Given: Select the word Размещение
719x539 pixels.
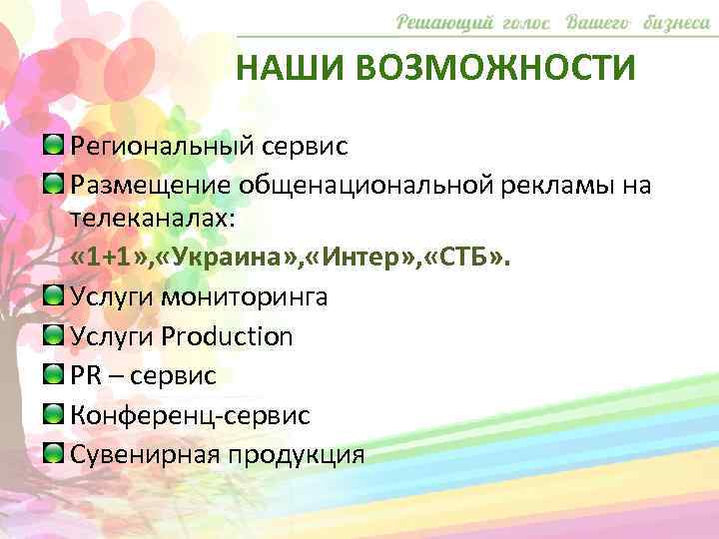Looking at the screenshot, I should point(150,185).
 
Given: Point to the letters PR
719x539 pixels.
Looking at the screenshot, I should point(88,375).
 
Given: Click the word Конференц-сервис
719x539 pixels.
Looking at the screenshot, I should point(190,414).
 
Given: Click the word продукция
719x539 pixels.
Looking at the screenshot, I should point(297,454).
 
